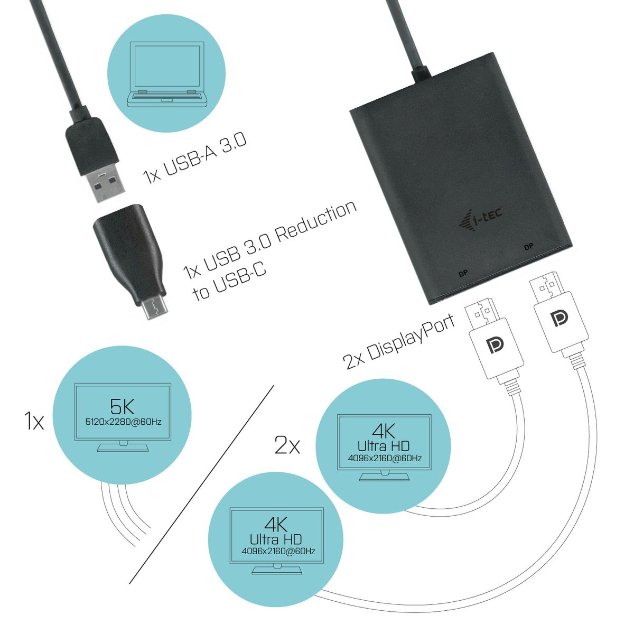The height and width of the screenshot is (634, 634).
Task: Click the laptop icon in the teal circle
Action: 167,73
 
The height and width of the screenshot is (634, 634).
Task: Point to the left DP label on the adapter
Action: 462,274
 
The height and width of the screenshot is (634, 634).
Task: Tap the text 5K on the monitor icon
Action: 123,406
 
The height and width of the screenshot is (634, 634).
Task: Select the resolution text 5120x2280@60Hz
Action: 123,422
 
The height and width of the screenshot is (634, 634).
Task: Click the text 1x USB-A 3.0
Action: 195,158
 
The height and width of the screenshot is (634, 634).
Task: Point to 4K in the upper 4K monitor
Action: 384,430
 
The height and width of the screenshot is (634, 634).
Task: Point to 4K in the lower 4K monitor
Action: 276,525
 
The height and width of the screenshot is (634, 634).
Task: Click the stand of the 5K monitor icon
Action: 123,447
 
